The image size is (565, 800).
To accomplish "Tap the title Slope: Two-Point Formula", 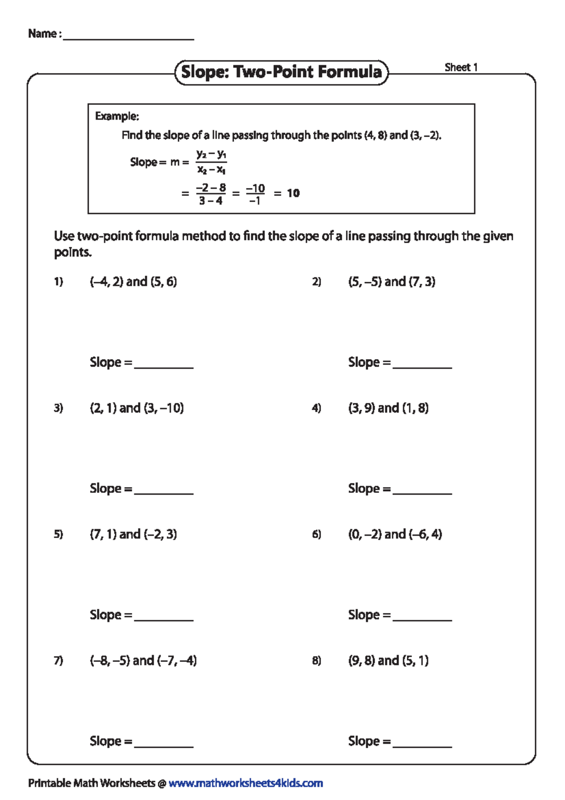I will [281, 72].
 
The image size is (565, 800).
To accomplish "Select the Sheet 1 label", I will [461, 67].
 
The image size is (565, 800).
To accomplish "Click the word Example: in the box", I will [117, 116].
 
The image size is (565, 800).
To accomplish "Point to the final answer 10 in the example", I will [293, 193].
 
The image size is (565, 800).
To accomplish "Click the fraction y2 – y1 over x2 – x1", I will [211, 162].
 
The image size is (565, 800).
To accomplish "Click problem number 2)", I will [316, 282].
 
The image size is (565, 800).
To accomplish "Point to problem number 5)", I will [58, 534].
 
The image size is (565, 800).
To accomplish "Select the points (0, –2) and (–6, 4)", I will [395, 534].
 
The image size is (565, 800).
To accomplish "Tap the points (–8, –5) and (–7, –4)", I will [143, 661].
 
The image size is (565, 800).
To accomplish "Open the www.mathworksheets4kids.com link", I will [245, 783].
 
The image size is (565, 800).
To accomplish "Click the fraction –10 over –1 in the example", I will [255, 194].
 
